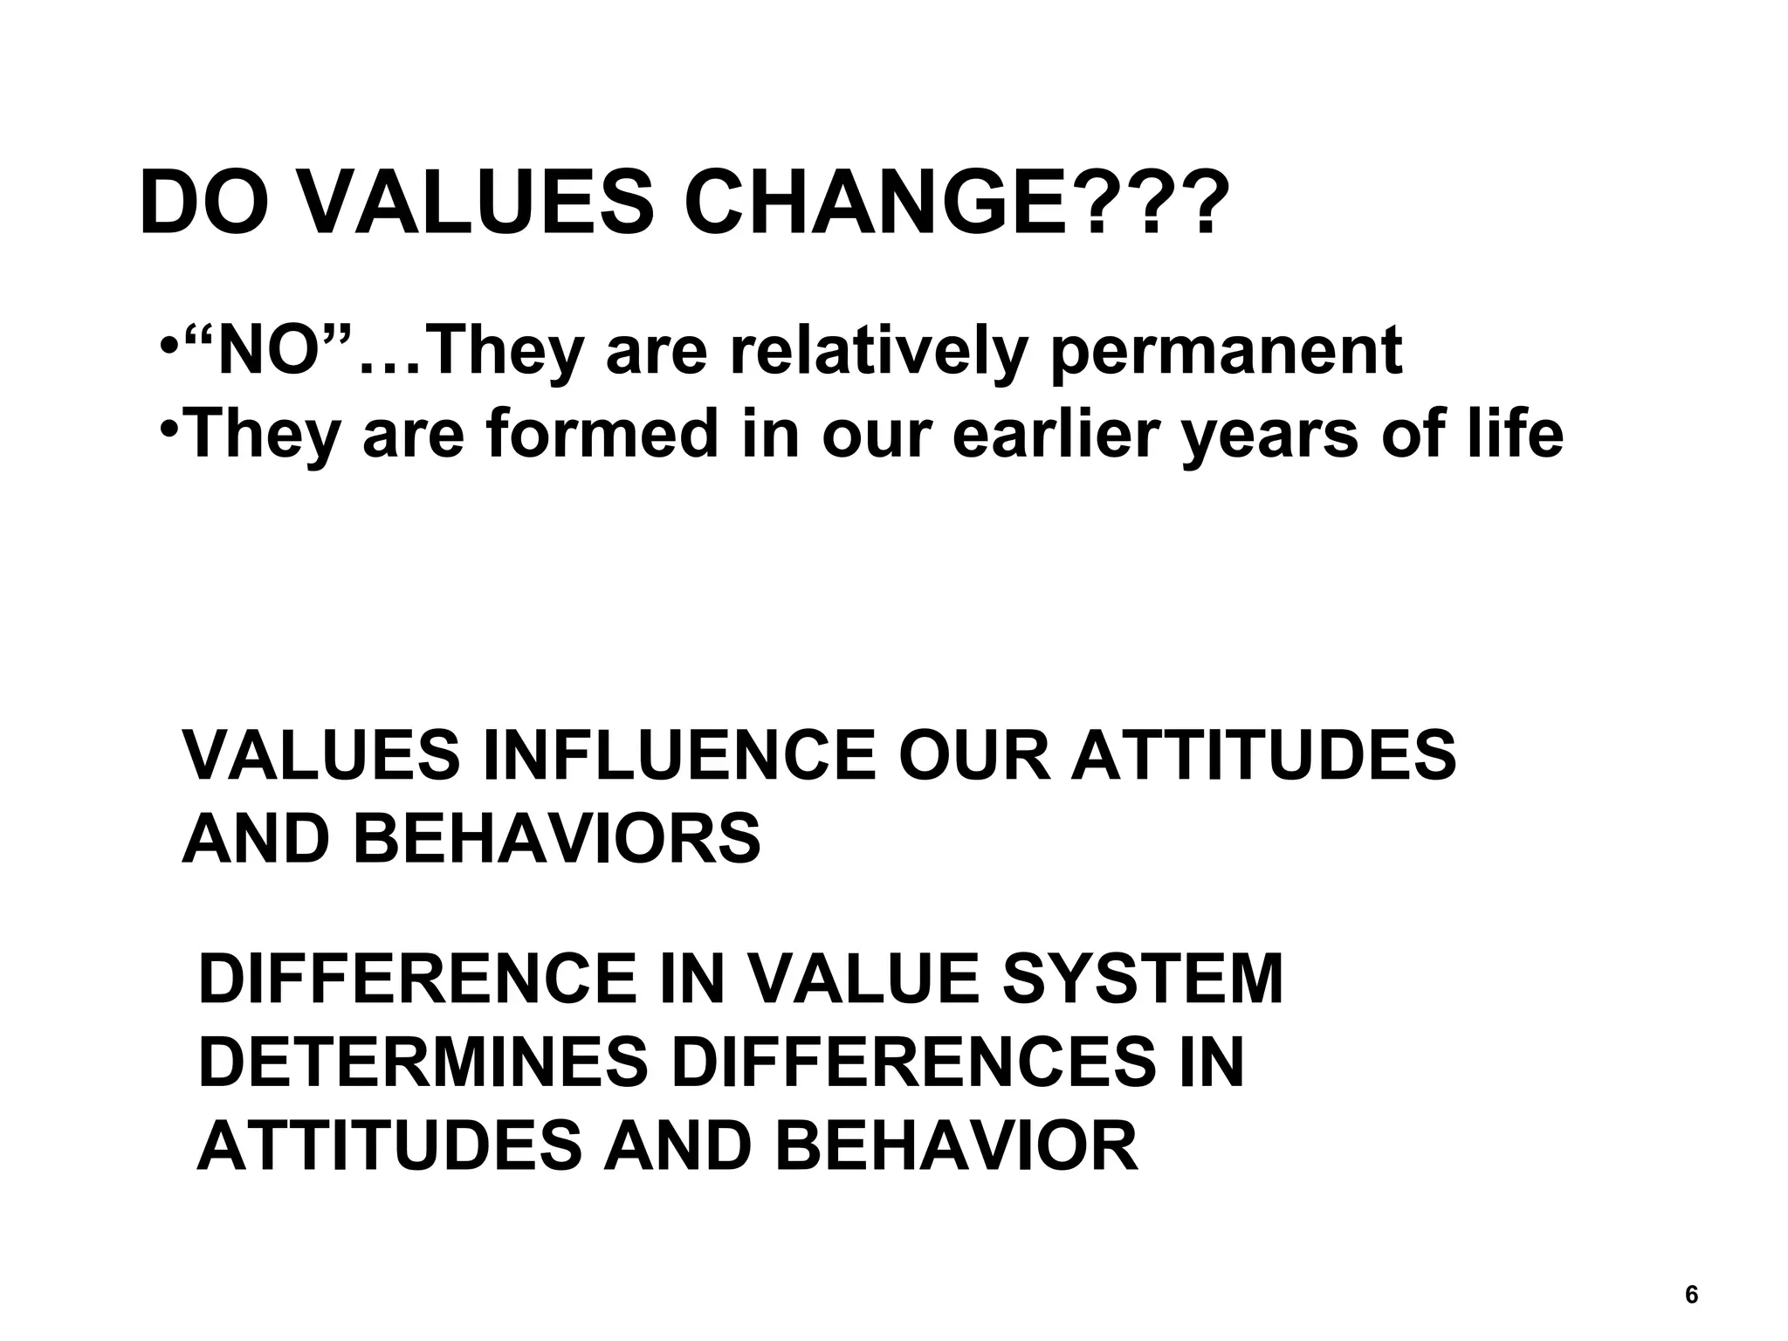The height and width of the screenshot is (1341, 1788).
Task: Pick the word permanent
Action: (1226, 352)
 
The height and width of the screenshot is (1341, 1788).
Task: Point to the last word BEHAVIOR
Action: (955, 1145)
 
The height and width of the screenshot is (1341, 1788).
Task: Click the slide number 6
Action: (1691, 1295)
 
